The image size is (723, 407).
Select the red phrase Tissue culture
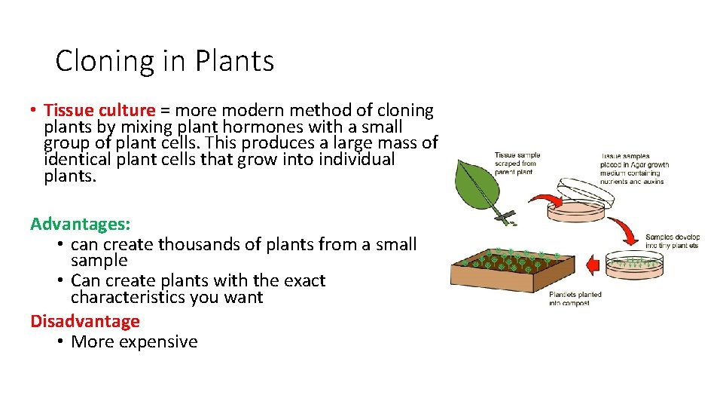[x=99, y=111]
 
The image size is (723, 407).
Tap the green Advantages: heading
[x=81, y=224]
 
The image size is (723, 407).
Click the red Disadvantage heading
[x=85, y=321]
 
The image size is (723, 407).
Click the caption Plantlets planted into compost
[x=575, y=298]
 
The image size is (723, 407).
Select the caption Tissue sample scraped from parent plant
[x=517, y=164]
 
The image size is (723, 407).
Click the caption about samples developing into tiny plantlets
[x=672, y=241]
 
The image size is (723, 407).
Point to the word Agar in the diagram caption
[x=636, y=165]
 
